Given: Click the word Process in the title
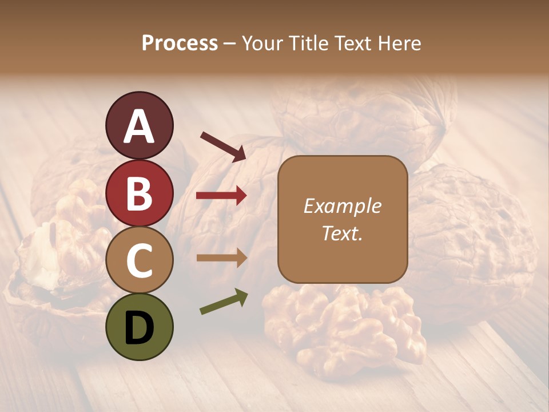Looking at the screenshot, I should tap(180, 43).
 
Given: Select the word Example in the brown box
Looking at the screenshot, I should tap(342, 206).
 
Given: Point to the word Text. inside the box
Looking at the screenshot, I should tap(342, 233).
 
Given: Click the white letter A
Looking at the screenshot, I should tap(139, 125).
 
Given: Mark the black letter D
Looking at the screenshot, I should tap(139, 327).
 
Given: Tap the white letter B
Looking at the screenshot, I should tap(139, 193).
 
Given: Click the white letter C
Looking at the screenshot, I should tap(139, 260).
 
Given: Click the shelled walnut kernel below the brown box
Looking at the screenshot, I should tap(343, 326).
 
